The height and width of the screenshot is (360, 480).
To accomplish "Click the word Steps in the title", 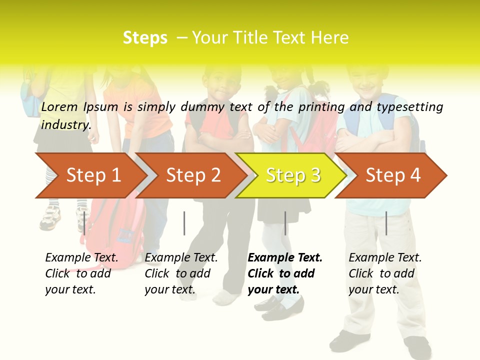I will (145, 37).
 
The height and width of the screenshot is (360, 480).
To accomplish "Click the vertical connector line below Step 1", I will (84, 223).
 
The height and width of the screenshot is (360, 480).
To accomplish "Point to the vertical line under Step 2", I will (184, 223).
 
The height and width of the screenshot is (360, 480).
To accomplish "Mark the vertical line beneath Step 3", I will (285, 223).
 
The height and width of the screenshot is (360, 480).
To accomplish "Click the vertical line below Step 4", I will (386, 223).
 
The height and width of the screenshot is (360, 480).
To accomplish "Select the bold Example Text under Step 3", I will (284, 273).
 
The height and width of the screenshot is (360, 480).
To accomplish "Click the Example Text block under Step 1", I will (81, 273).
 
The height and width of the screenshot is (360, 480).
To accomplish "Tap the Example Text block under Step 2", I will (180, 273).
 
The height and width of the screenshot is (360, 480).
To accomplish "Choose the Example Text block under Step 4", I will (384, 273).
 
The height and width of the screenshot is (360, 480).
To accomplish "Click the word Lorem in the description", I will (59, 106).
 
